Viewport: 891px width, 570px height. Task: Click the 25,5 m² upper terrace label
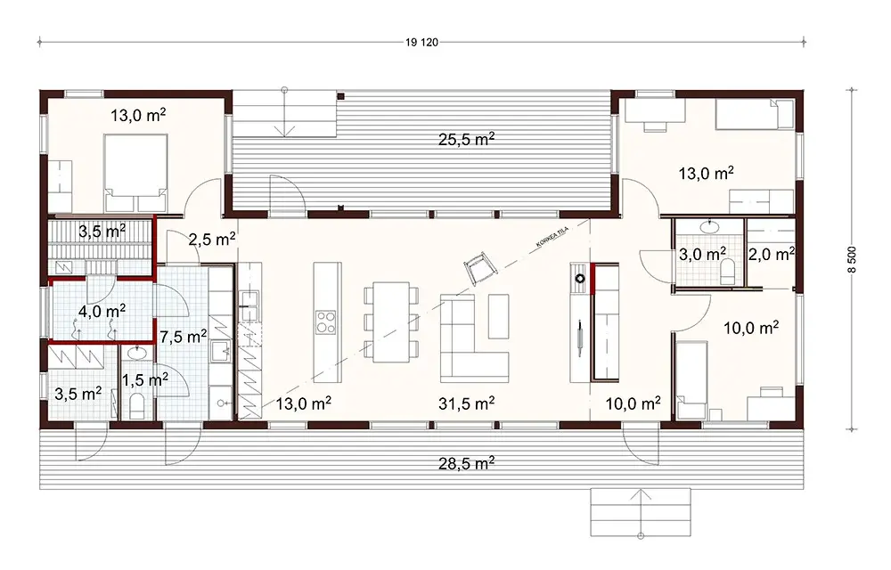click(466, 139)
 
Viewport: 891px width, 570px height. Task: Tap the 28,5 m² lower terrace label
click(466, 463)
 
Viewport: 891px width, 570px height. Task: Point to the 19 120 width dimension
click(423, 41)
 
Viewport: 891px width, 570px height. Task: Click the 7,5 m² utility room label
click(184, 336)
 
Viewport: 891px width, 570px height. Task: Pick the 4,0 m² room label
click(102, 311)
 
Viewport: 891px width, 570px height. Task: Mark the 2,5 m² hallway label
click(212, 238)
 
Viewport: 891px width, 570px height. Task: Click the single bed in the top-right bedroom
click(756, 114)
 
